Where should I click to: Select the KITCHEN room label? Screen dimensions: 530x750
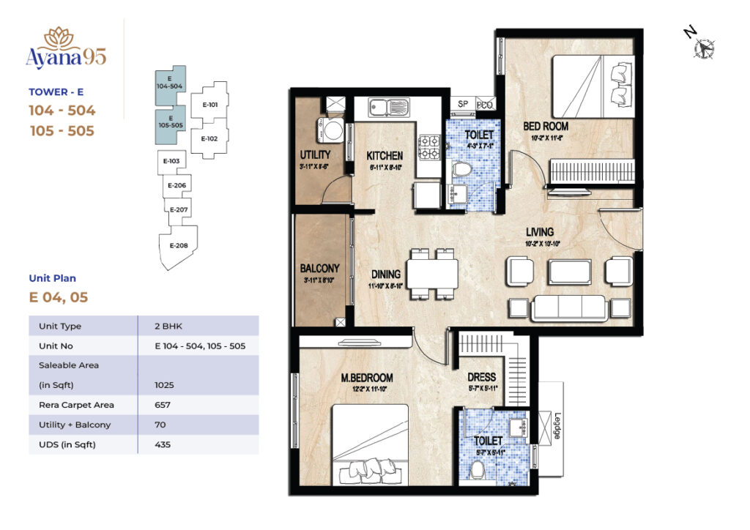point(385,156)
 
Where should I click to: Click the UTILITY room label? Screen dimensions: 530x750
point(315,155)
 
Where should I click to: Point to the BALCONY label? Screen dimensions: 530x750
point(319,268)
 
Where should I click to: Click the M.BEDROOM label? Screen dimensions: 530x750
point(367,378)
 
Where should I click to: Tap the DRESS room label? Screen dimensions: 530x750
point(482,378)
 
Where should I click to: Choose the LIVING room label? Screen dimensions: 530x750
point(539,233)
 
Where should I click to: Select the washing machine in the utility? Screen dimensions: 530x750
point(333,131)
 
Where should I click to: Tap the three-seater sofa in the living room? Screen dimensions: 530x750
point(568,307)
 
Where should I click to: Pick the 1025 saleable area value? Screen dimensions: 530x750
point(165,384)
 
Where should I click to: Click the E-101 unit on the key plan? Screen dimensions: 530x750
point(209,105)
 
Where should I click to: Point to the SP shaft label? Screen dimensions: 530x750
point(463,105)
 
